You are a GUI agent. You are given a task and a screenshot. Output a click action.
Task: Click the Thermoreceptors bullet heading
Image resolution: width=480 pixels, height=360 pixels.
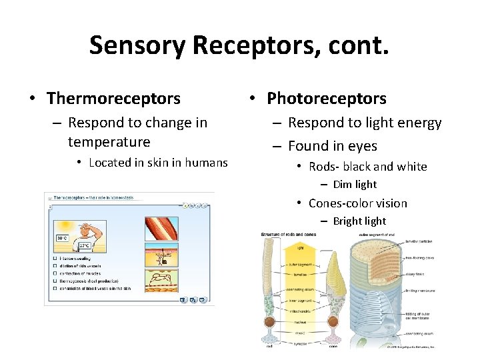(113, 99)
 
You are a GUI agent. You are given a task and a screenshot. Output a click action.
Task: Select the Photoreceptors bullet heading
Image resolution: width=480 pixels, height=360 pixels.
(326, 99)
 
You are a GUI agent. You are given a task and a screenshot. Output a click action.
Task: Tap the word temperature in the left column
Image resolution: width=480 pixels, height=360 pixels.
(109, 142)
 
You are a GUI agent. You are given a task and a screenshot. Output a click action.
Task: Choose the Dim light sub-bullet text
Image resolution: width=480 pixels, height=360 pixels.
(355, 185)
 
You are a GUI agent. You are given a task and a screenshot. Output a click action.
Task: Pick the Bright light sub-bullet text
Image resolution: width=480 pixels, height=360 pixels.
(359, 221)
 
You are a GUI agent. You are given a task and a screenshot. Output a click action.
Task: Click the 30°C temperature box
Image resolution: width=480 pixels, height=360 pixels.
(61, 238)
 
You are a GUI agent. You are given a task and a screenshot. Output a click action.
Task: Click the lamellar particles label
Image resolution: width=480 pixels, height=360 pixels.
(419, 243)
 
